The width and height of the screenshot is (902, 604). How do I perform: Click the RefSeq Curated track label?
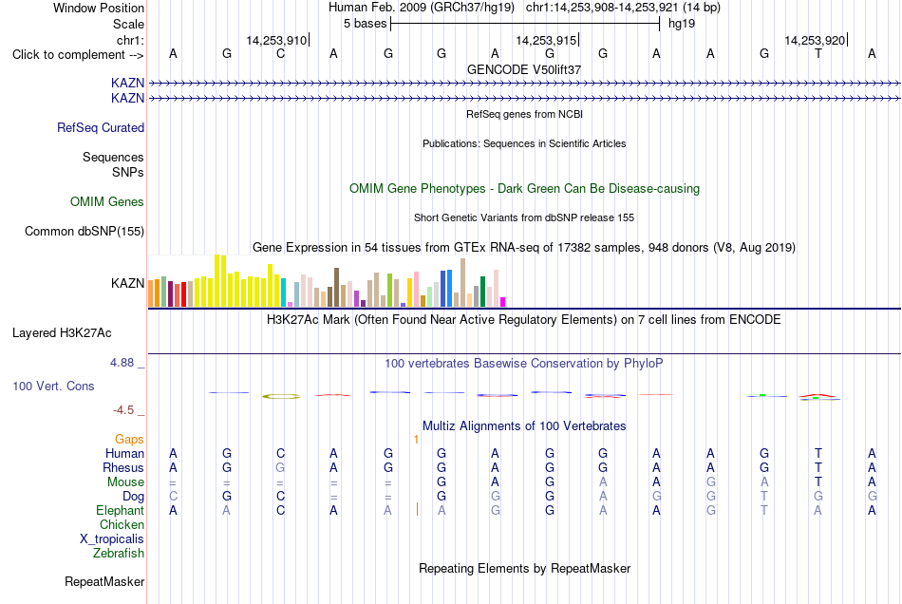pos(101,127)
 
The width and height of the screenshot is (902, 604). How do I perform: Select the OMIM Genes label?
pos(107,202)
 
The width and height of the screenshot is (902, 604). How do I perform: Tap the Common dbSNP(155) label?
pos(85,231)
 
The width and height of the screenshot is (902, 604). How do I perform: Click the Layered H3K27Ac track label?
pos(62,333)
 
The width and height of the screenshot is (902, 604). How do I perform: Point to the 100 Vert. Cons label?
pos(53,386)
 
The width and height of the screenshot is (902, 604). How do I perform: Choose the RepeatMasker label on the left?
pos(104,581)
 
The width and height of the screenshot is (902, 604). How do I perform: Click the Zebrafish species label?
pos(119,553)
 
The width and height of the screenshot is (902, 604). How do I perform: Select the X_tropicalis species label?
pos(112,539)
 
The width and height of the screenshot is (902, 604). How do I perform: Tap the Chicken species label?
pos(122,524)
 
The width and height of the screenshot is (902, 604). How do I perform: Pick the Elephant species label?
pos(121,510)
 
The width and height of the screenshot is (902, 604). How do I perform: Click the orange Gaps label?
pos(129,440)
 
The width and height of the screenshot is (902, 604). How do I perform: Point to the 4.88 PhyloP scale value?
pos(122,363)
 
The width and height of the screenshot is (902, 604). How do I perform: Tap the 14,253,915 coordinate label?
pos(546,40)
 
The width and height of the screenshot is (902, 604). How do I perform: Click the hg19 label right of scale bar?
pos(682,24)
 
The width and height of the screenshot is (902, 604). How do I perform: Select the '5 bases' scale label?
pos(366,24)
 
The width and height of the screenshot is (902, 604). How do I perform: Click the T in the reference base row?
pos(818,54)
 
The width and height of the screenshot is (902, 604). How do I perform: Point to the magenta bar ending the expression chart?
pos(503,302)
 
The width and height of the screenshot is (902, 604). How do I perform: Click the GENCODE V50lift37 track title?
pos(524,69)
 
